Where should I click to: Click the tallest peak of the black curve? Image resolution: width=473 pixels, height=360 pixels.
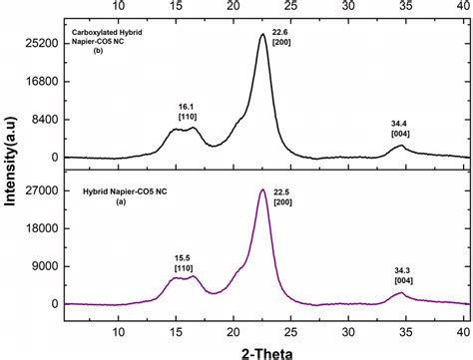[262, 35]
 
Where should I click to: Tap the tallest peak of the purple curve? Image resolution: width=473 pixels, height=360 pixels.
[262, 189]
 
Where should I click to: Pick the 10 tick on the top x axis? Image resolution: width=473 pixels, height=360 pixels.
[119, 6]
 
